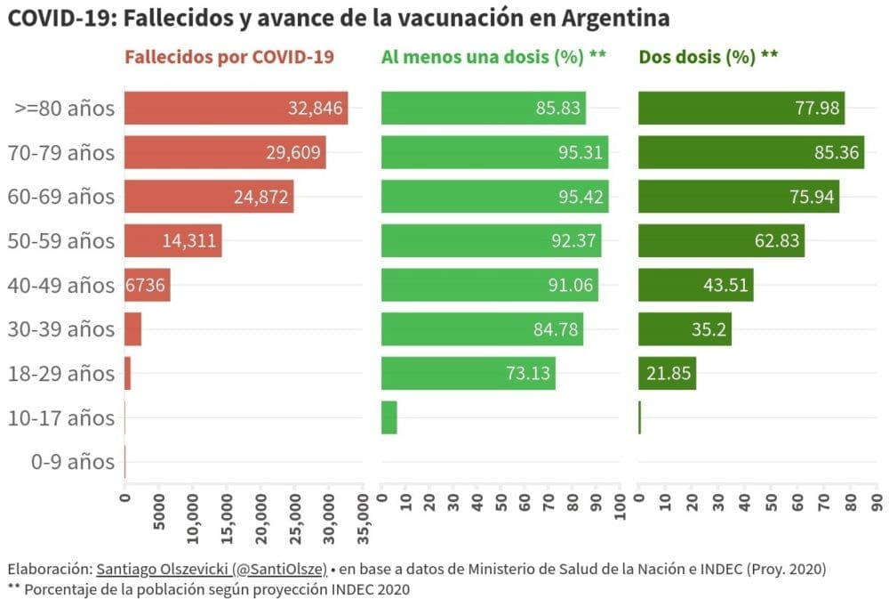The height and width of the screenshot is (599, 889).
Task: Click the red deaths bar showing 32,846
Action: [236, 109]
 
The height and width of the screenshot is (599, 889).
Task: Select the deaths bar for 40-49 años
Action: [148, 286]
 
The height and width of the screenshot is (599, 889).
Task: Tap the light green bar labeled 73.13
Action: [468, 373]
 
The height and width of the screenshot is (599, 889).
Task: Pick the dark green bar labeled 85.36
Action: [751, 153]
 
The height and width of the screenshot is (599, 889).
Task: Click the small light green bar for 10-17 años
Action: [389, 417]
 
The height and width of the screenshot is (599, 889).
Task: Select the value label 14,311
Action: [189, 241]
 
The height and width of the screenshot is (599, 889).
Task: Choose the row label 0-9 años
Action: [73, 462]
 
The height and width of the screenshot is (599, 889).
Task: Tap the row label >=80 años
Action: [65, 109]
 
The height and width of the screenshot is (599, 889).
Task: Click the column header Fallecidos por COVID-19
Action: [229, 57]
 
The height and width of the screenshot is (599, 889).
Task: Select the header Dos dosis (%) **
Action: [709, 57]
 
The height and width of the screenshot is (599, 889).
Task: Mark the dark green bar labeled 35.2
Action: [685, 329]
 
